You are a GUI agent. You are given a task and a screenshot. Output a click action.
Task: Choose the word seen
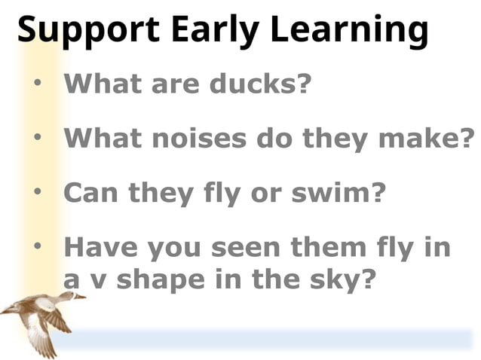click(x=250, y=247)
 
